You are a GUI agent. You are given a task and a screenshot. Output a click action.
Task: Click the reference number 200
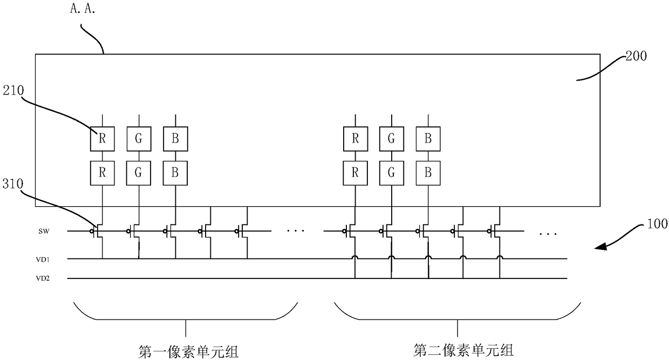tap(636, 56)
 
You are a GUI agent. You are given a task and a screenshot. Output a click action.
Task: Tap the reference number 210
tap(13, 90)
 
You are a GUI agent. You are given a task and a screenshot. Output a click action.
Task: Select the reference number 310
tap(13, 184)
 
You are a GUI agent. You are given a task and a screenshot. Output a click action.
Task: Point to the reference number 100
tap(657, 223)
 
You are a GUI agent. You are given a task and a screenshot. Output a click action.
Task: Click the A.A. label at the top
tap(83, 9)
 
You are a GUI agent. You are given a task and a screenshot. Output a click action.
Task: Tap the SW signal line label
tap(44, 231)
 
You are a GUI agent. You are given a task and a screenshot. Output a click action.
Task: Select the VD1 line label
tap(43, 260)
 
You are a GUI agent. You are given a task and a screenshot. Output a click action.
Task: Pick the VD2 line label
tap(43, 279)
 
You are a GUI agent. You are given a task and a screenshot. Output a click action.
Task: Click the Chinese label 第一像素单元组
tap(188, 351)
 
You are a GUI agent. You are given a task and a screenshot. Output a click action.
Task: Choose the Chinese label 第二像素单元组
tap(463, 350)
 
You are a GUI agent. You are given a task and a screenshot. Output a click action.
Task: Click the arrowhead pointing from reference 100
tap(600, 247)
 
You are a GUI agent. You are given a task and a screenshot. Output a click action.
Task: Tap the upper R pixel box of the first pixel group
tap(103, 139)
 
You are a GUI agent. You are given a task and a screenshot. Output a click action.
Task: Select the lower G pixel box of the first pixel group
tap(139, 173)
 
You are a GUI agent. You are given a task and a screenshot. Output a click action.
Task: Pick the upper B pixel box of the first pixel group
tap(176, 139)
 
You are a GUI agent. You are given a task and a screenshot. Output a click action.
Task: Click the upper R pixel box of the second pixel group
tap(356, 139)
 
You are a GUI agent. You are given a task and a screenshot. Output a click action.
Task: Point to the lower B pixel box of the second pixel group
tap(428, 173)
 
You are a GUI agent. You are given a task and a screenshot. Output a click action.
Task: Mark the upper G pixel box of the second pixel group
tap(392, 139)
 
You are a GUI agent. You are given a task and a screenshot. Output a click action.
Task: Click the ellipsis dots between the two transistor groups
tap(295, 230)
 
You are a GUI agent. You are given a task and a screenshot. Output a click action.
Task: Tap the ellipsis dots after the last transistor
tap(548, 234)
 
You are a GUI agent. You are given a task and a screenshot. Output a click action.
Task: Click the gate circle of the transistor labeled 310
tap(92, 231)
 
